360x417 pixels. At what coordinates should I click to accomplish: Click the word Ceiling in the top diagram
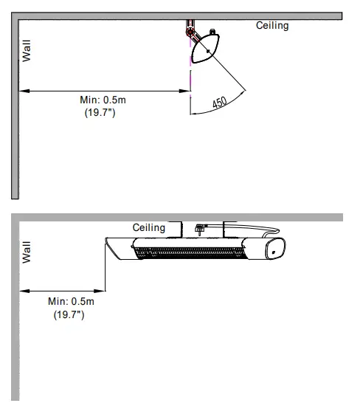click(x=272, y=26)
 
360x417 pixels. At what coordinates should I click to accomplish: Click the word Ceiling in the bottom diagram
click(x=149, y=227)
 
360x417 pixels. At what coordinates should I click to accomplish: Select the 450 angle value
click(x=220, y=103)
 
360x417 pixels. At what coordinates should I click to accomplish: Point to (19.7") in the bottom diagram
click(x=69, y=314)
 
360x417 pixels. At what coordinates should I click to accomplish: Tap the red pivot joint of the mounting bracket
click(x=190, y=31)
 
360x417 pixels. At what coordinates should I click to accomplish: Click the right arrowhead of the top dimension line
click(x=187, y=91)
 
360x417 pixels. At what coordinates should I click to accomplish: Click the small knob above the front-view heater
click(x=198, y=228)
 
